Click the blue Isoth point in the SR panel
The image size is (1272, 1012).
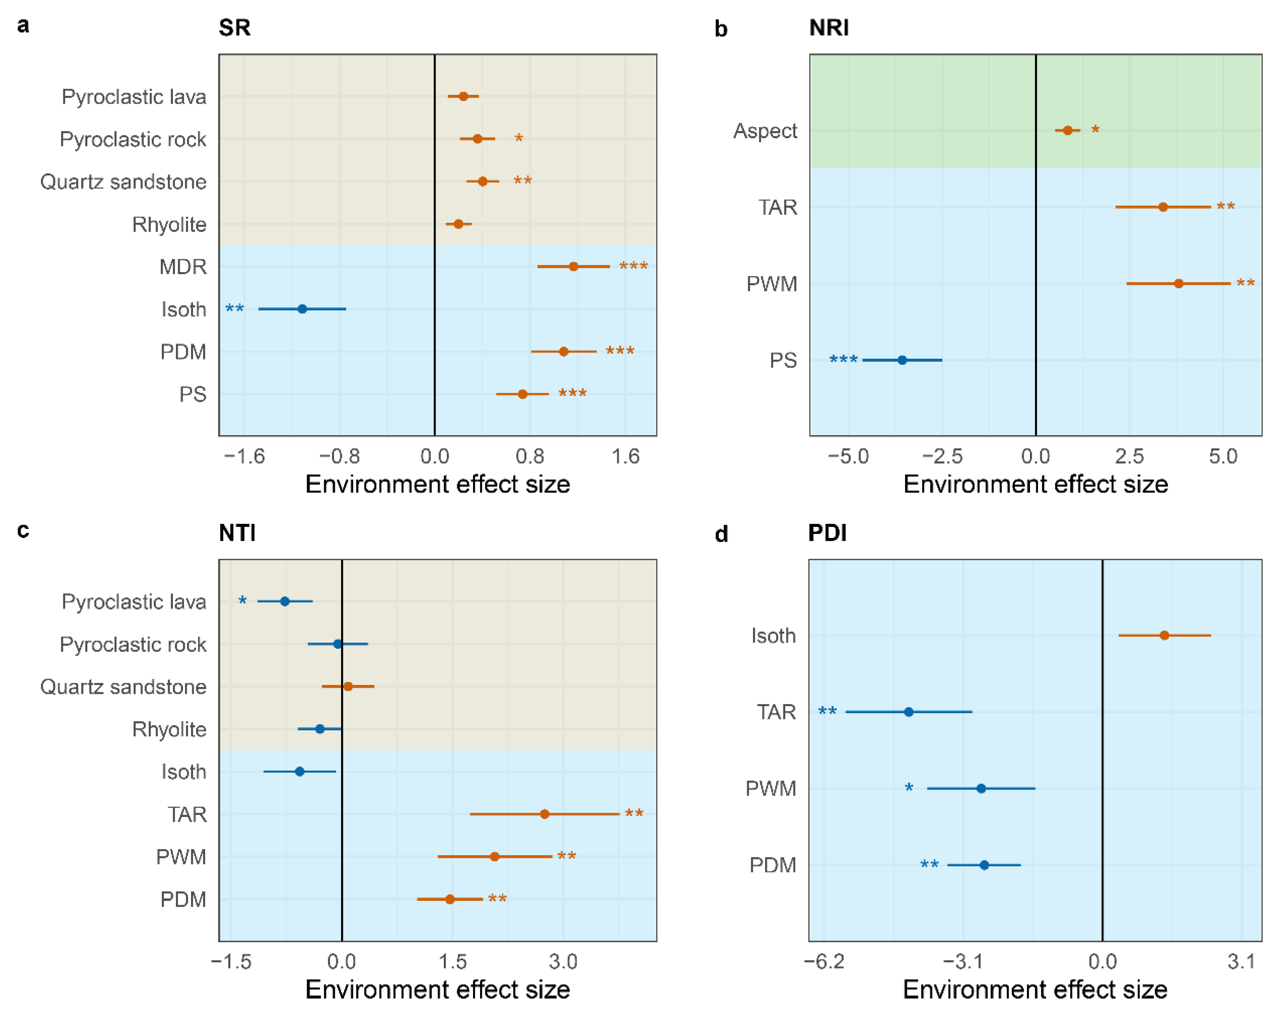click(302, 309)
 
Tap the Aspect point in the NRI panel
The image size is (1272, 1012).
click(1067, 130)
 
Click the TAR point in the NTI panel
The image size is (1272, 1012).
click(545, 814)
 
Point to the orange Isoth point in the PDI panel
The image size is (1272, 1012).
click(1164, 635)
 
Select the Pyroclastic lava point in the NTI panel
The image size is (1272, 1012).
click(285, 602)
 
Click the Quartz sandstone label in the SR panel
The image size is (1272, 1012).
click(123, 182)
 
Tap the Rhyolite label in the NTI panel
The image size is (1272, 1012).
click(169, 729)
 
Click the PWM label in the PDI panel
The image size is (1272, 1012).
click(771, 788)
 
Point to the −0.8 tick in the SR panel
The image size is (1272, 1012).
click(339, 456)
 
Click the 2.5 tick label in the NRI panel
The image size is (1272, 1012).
click(1129, 456)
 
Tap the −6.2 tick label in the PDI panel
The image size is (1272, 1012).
click(824, 962)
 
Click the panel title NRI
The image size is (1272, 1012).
click(829, 28)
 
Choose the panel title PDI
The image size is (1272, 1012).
click(827, 533)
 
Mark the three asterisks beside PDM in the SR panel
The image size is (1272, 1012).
click(620, 351)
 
